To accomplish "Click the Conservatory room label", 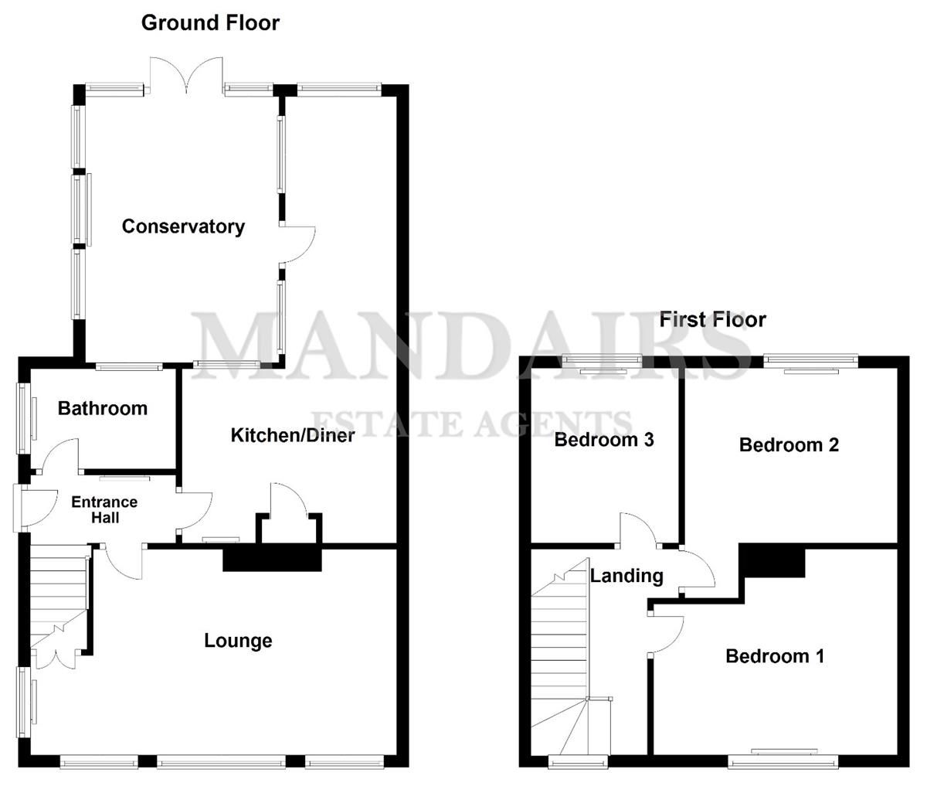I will click(x=183, y=226).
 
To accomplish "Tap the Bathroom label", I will click(x=102, y=408).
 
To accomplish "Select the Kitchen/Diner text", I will click(x=293, y=435).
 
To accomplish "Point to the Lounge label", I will click(x=238, y=641).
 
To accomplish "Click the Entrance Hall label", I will click(x=104, y=509).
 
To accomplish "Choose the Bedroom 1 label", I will click(x=775, y=656).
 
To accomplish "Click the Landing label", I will click(x=626, y=575).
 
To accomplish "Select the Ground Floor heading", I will click(x=210, y=22).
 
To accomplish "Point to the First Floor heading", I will click(x=712, y=319).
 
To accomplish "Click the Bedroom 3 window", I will click(x=603, y=360).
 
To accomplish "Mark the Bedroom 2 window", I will click(x=810, y=360).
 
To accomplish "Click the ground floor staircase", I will click(x=58, y=595).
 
